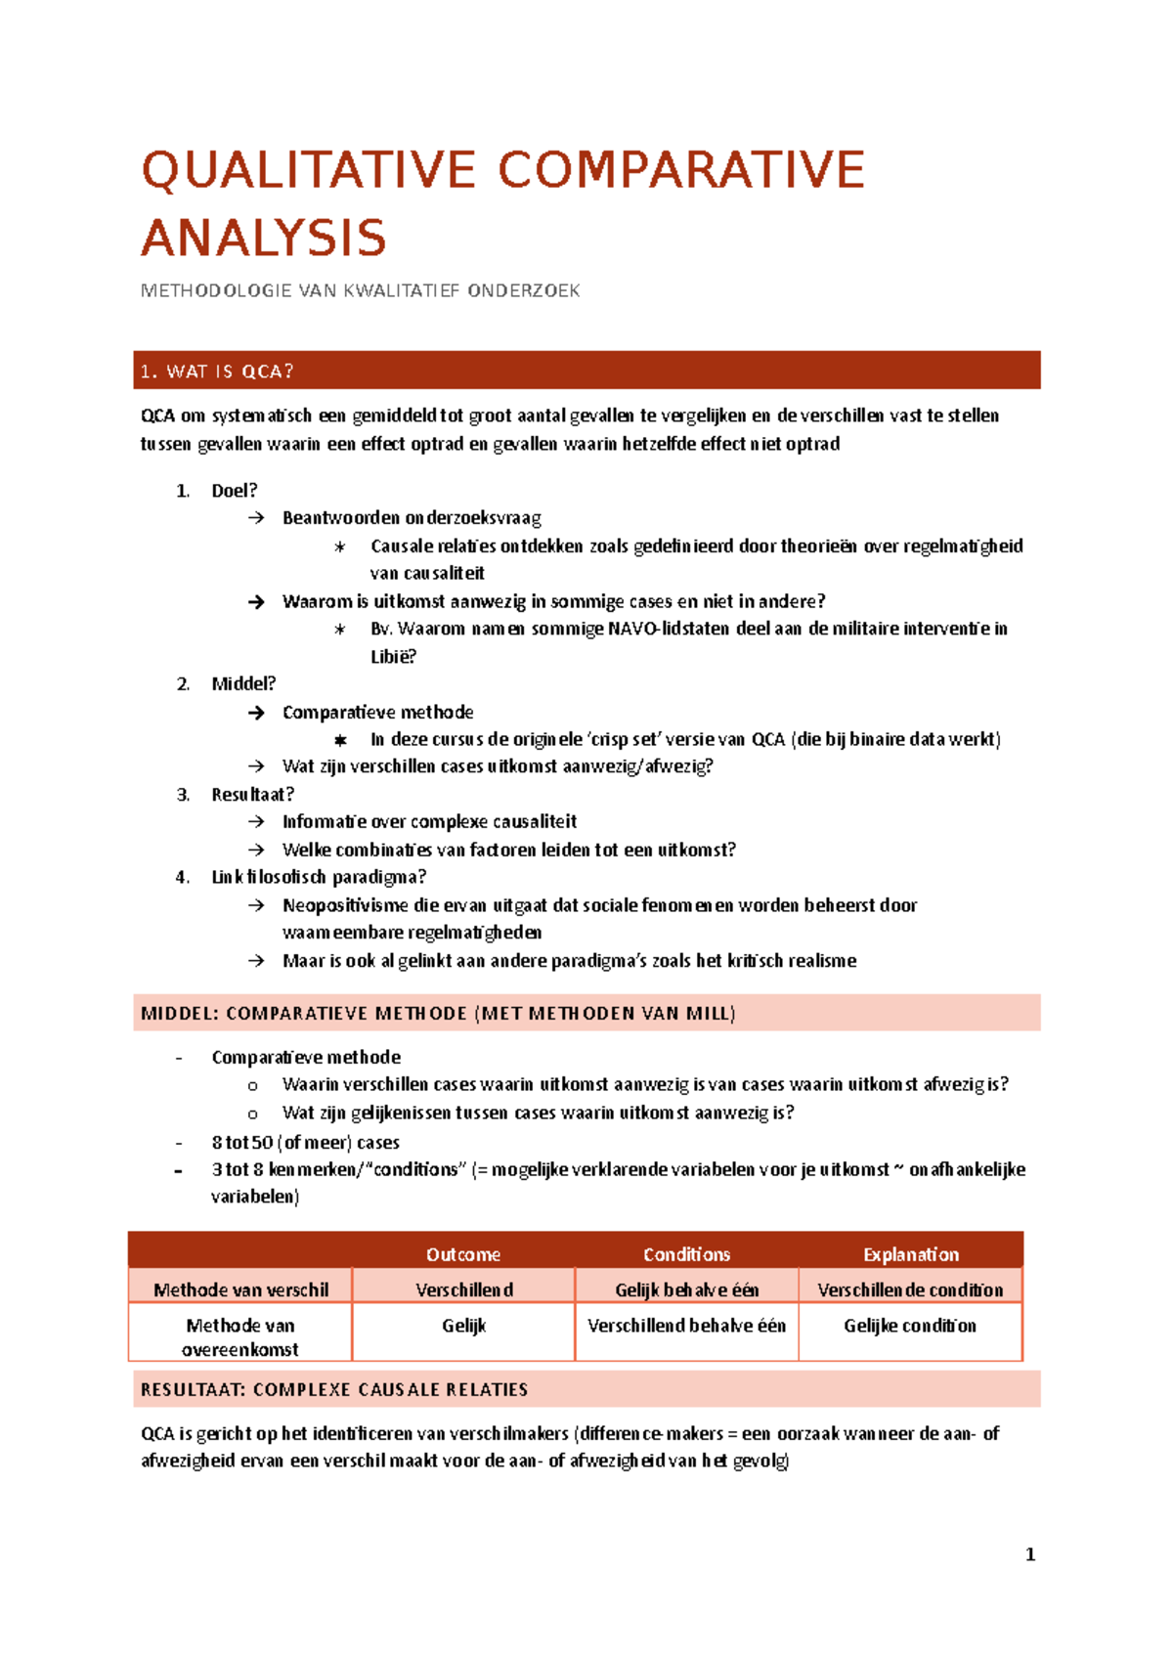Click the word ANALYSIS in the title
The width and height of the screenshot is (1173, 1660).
pyautogui.click(x=264, y=239)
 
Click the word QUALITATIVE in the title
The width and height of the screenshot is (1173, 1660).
pyautogui.click(x=309, y=170)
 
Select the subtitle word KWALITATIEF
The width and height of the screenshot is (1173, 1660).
pyautogui.click(x=401, y=290)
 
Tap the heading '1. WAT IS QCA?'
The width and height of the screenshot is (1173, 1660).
pyautogui.click(x=217, y=371)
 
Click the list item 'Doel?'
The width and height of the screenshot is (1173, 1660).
pyautogui.click(x=235, y=491)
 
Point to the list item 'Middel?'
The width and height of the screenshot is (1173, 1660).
pyautogui.click(x=243, y=683)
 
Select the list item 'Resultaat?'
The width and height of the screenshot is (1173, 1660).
pyautogui.click(x=252, y=794)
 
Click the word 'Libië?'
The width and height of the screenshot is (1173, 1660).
pyautogui.click(x=393, y=657)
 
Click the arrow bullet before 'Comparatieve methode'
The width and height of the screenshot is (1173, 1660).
pyautogui.click(x=256, y=713)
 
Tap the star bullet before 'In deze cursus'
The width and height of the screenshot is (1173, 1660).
pyautogui.click(x=340, y=740)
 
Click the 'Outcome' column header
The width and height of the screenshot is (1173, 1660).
pyautogui.click(x=463, y=1254)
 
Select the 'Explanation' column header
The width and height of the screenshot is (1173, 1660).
pyautogui.click(x=910, y=1254)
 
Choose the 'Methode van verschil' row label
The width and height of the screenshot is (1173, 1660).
pyautogui.click(x=240, y=1289)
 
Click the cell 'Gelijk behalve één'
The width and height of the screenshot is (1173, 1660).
pyautogui.click(x=686, y=1289)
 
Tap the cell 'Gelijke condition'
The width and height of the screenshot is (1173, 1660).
pyautogui.click(x=910, y=1326)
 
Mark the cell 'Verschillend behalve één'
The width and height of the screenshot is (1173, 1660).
pyautogui.click(x=686, y=1326)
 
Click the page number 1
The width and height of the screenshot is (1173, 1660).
pyautogui.click(x=1030, y=1554)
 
